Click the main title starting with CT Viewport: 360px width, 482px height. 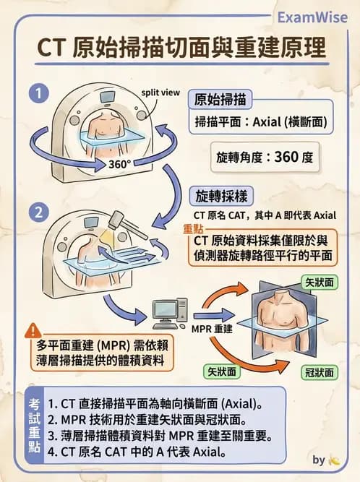(x=180, y=48)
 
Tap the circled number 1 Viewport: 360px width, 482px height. (x=38, y=93)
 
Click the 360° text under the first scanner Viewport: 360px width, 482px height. (x=120, y=164)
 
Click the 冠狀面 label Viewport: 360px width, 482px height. (x=317, y=372)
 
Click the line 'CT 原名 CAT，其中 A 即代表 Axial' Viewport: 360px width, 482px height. (x=265, y=215)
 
